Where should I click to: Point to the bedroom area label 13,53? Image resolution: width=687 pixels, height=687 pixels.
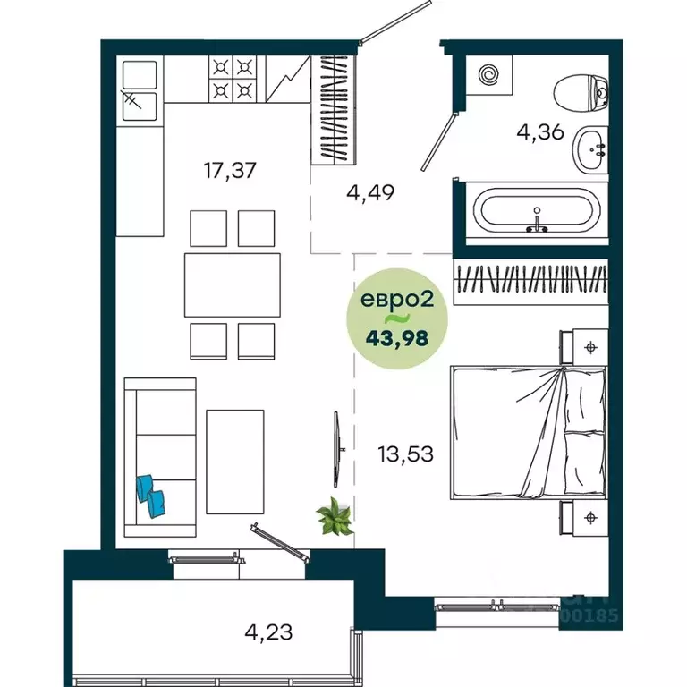[405, 454]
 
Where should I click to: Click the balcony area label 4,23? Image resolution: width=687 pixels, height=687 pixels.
[268, 632]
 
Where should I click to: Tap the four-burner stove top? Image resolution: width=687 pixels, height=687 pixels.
[233, 78]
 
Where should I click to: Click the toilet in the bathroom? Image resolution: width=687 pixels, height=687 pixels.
[581, 93]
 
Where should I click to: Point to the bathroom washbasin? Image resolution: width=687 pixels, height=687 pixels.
[591, 148]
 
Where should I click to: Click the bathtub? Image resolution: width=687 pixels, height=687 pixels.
[535, 213]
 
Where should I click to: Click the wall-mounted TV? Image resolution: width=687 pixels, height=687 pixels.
[336, 448]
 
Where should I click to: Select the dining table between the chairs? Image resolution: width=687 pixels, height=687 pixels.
[232, 284]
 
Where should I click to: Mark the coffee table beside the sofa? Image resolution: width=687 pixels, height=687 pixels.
[234, 462]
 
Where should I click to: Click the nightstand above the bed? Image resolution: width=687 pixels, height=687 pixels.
[584, 344]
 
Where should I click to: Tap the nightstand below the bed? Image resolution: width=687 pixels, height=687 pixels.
[584, 517]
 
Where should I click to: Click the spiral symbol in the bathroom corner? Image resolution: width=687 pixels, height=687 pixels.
[489, 75]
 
